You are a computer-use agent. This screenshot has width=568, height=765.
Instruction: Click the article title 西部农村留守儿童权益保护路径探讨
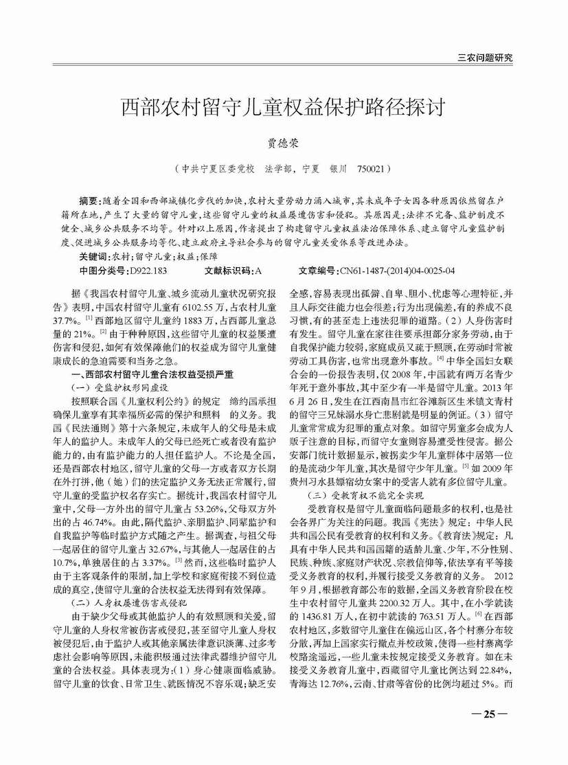click(284, 108)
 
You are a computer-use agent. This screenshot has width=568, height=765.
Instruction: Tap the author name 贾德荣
click(284, 144)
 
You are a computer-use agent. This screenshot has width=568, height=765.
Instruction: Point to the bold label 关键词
click(93, 255)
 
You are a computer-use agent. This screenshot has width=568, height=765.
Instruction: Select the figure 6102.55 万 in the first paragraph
click(214, 306)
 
